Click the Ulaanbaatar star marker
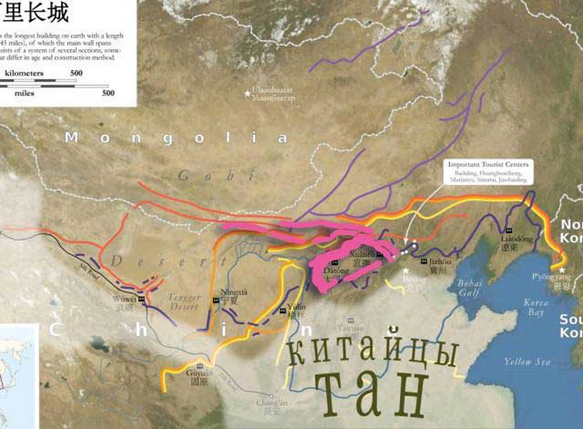247,92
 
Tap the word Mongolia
177,137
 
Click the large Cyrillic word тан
371,396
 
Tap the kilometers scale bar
42,81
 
